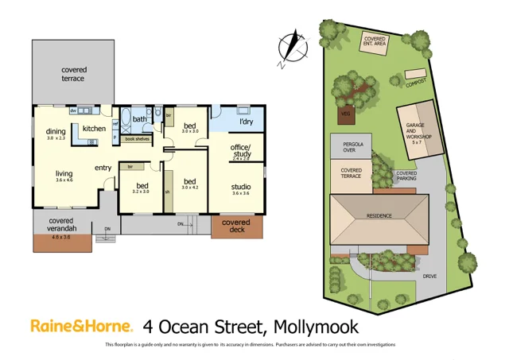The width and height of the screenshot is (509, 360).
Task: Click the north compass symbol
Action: (293, 46)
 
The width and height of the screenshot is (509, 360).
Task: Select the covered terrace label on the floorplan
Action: (74, 75)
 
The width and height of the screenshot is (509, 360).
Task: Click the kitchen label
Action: (94, 129)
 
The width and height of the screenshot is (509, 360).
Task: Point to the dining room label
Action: (55, 132)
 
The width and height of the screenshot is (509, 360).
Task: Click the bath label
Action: (140, 120)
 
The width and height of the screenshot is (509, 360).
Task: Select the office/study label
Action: (240, 150)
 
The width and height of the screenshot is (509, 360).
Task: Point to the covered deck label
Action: (235, 226)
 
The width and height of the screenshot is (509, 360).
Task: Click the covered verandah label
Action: (61, 225)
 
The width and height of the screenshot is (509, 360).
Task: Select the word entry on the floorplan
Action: (103, 168)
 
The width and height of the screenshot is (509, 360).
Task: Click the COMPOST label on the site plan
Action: (415, 82)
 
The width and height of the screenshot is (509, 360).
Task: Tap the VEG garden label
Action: (345, 114)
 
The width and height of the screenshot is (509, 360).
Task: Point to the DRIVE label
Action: (429, 276)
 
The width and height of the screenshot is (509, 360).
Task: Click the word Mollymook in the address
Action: (316, 326)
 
